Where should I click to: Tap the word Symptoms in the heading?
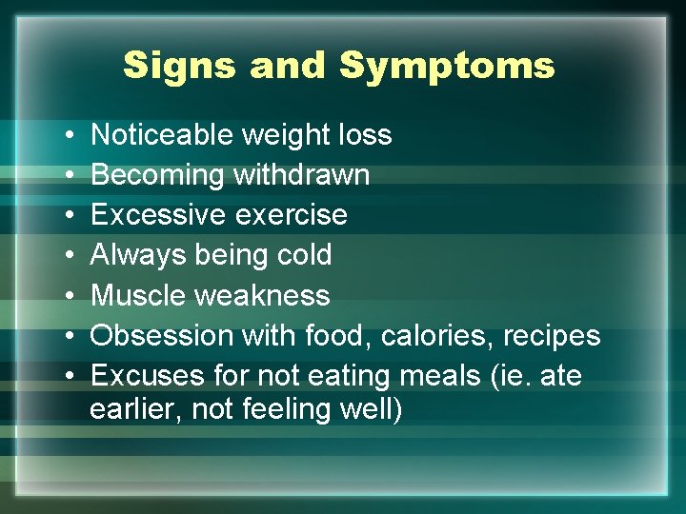[447, 67]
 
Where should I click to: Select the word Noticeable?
[162, 135]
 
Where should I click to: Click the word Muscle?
[139, 296]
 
